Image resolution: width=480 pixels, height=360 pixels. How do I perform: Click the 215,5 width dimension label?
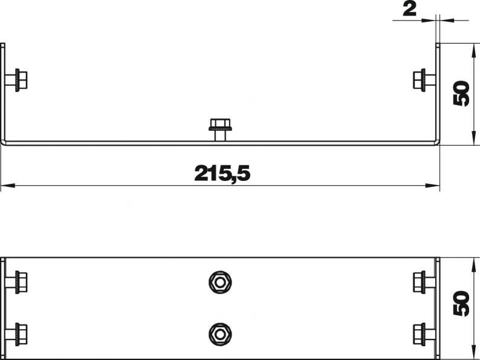coord(222,173)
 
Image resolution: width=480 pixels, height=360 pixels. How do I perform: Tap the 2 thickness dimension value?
coord(410,10)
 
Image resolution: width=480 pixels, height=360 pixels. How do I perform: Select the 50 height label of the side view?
coord(461,93)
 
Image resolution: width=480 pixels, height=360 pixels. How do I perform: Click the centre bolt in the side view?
coord(220,129)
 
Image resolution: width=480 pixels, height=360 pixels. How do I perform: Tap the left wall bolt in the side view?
coord(16,80)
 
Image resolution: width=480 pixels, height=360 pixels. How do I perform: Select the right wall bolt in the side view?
coord(424,80)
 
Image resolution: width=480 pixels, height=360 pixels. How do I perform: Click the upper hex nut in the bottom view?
coord(220,282)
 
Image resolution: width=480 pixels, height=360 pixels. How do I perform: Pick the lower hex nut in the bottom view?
coord(220,334)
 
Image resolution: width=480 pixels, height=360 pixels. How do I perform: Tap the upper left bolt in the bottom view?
coord(16,282)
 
